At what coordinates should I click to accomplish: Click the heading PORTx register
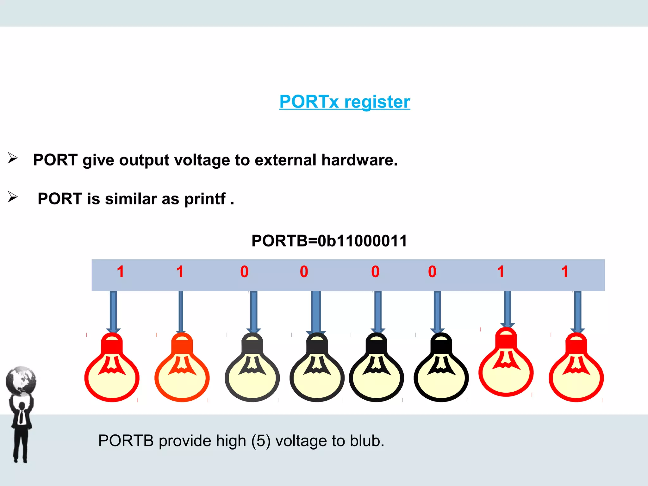click(x=345, y=102)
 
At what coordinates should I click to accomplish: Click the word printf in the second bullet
click(x=205, y=199)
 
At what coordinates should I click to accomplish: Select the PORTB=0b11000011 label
click(x=329, y=241)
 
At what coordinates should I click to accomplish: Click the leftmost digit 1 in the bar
click(x=120, y=272)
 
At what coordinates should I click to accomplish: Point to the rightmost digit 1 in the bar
click(x=565, y=272)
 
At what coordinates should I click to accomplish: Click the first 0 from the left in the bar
click(x=244, y=272)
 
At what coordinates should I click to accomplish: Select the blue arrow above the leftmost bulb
click(x=113, y=312)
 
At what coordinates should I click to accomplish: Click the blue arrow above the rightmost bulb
click(x=577, y=312)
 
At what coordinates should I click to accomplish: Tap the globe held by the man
click(x=21, y=381)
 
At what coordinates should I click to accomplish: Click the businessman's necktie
click(x=21, y=416)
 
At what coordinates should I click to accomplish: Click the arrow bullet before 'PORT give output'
click(x=13, y=158)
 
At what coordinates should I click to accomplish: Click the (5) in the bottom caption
click(x=261, y=441)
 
